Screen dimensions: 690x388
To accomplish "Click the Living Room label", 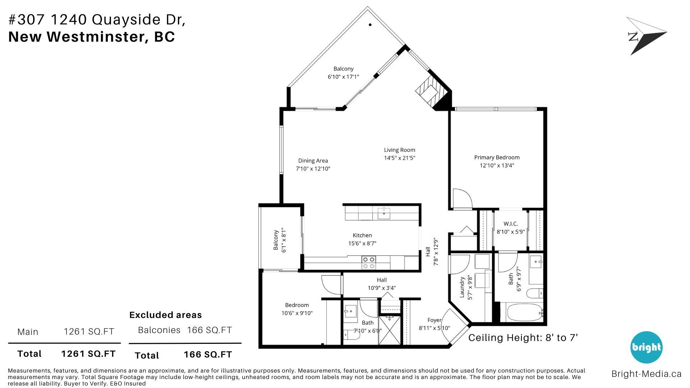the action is [399, 150].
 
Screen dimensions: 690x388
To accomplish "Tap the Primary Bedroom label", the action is [497, 157].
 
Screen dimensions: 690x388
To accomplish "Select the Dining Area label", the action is [313, 161].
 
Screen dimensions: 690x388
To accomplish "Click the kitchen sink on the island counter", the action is [384, 213].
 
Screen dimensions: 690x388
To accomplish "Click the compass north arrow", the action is [646, 36].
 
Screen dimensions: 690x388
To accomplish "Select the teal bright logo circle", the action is [646, 347].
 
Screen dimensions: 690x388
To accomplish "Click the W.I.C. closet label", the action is [511, 224].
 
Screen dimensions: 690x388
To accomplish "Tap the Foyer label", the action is [434, 320].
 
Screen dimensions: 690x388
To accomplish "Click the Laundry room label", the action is [463, 287].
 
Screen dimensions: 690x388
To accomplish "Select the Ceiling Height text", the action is [523, 338].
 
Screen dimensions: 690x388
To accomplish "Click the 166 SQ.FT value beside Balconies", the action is [210, 330].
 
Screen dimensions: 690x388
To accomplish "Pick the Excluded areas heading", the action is [166, 315].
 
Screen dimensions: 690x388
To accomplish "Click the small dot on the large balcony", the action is [370, 25].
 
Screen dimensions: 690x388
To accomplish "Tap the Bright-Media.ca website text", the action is [647, 374].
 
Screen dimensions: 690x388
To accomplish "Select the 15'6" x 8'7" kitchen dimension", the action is [362, 244].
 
